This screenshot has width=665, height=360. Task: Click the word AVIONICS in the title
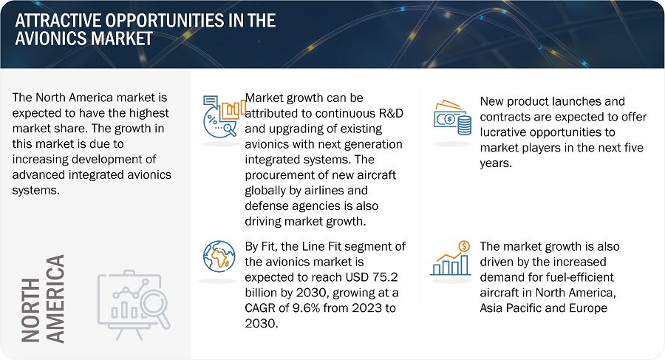point(51,38)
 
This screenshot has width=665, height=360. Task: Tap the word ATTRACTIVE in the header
point(58,21)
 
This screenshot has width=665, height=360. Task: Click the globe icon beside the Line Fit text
point(219,257)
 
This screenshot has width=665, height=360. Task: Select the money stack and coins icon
point(452,118)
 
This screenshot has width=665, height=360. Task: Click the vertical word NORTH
point(30,310)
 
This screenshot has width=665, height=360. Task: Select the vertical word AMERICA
point(55,299)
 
